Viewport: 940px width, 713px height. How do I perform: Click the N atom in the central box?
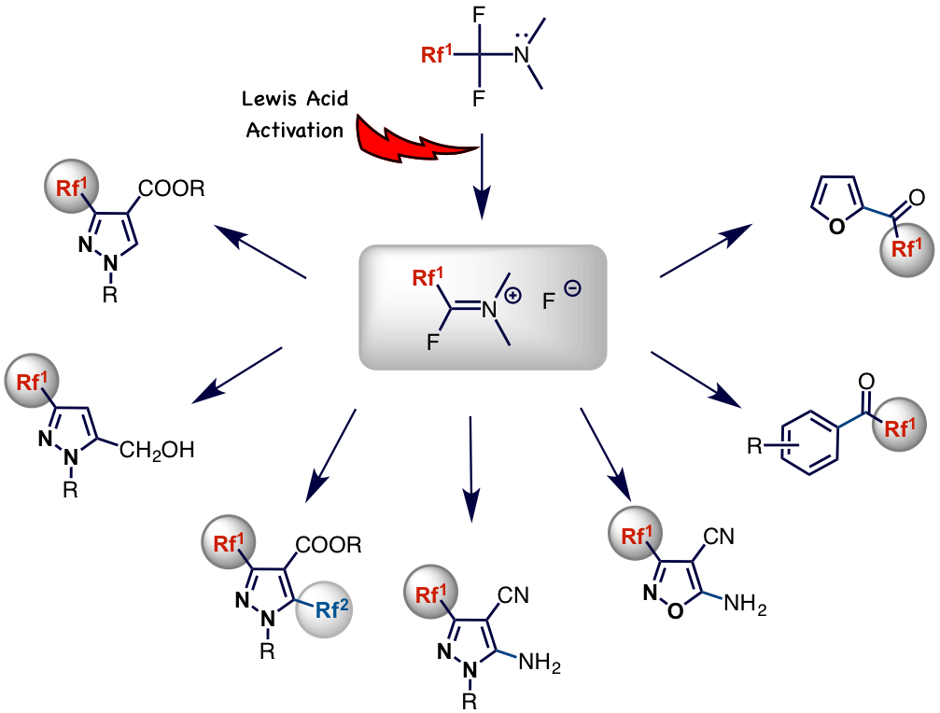(x=488, y=309)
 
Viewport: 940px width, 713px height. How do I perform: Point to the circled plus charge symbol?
(x=512, y=296)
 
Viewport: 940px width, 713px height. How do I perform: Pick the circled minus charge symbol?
(x=572, y=288)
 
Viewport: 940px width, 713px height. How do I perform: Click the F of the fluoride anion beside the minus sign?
(x=549, y=301)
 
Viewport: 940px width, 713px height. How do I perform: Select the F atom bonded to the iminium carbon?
(x=432, y=343)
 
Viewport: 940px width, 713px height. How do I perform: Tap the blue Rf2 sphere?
(x=324, y=610)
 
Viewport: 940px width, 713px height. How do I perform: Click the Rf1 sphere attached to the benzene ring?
(x=899, y=427)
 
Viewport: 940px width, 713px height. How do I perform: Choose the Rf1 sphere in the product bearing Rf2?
(x=228, y=542)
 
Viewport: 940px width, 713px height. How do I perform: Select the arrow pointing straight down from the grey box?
(x=470, y=467)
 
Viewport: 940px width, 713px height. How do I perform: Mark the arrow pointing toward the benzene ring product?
(x=695, y=379)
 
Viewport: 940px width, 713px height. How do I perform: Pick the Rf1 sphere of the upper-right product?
(x=907, y=248)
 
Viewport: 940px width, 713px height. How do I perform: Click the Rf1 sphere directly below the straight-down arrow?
(x=431, y=594)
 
